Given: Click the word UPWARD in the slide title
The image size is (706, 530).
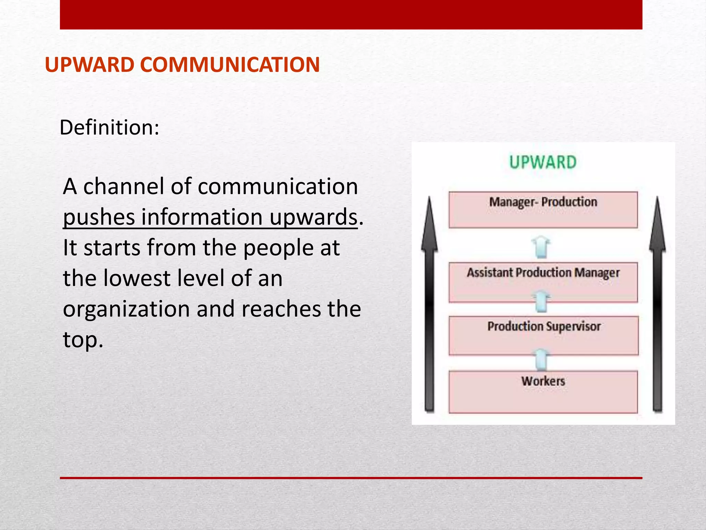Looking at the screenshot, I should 90,65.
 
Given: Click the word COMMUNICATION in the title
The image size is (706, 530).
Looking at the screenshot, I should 230,65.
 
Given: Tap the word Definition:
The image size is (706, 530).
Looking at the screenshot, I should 109,128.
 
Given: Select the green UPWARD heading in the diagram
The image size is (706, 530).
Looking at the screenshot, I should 543,163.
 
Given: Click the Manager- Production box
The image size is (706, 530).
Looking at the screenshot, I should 543,210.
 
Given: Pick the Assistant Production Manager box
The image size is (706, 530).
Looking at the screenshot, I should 543,282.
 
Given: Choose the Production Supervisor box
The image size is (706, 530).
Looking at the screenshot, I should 543,335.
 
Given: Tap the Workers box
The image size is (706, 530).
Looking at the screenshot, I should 543,392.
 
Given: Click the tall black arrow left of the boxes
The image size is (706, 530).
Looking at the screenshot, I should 429,304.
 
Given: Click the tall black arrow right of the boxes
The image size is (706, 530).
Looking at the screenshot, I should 657,304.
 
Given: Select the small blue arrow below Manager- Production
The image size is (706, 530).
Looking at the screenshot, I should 541,247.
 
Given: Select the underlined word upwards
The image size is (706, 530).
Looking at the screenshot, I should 313,218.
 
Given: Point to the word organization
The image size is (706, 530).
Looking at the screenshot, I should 126,309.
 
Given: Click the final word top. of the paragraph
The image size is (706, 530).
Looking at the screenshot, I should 83,340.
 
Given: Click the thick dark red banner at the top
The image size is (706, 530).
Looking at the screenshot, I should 351,14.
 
